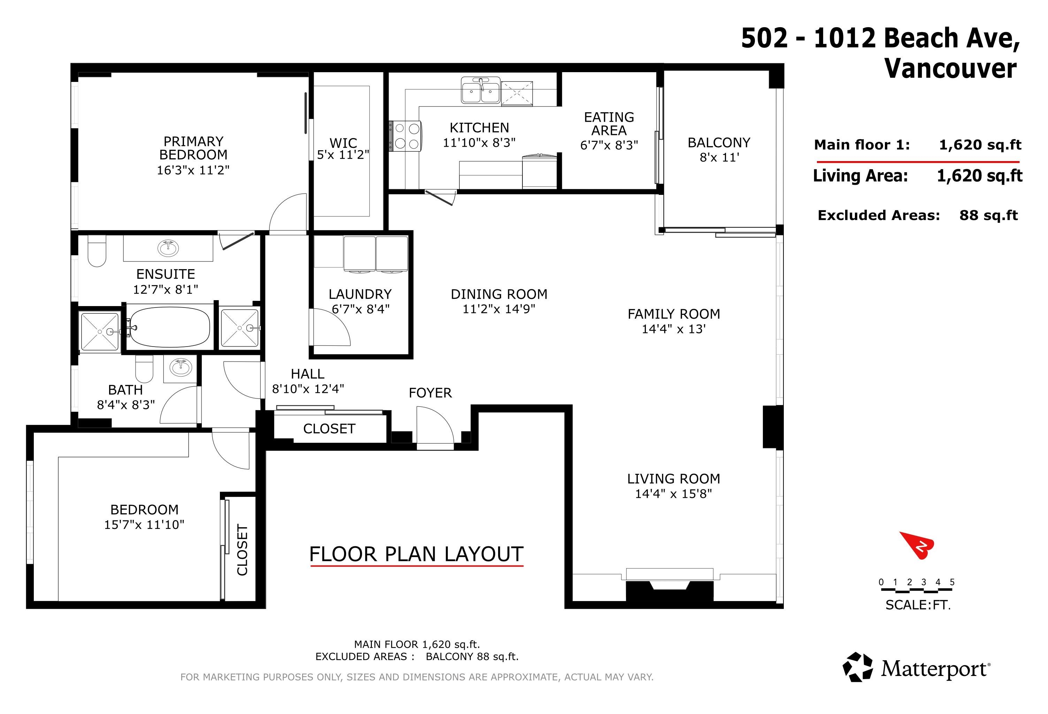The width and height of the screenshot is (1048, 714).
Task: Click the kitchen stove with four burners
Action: click(x=405, y=136)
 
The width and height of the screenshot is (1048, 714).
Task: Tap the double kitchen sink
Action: click(x=480, y=90)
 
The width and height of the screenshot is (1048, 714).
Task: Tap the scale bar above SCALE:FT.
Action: click(x=917, y=591)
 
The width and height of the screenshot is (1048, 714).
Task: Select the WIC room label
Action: click(x=343, y=143)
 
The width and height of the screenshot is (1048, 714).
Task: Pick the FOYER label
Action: click(x=430, y=393)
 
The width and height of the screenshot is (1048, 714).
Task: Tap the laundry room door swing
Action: click(x=330, y=327)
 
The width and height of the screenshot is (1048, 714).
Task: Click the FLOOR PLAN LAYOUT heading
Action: click(x=416, y=554)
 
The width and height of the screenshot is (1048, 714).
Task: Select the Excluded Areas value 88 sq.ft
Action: click(x=988, y=215)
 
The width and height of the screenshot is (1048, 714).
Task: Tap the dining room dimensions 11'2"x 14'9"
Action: click(x=499, y=309)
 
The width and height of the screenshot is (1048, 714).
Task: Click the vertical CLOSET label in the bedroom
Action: click(x=243, y=550)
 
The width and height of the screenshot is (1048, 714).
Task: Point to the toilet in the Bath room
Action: click(x=144, y=368)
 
